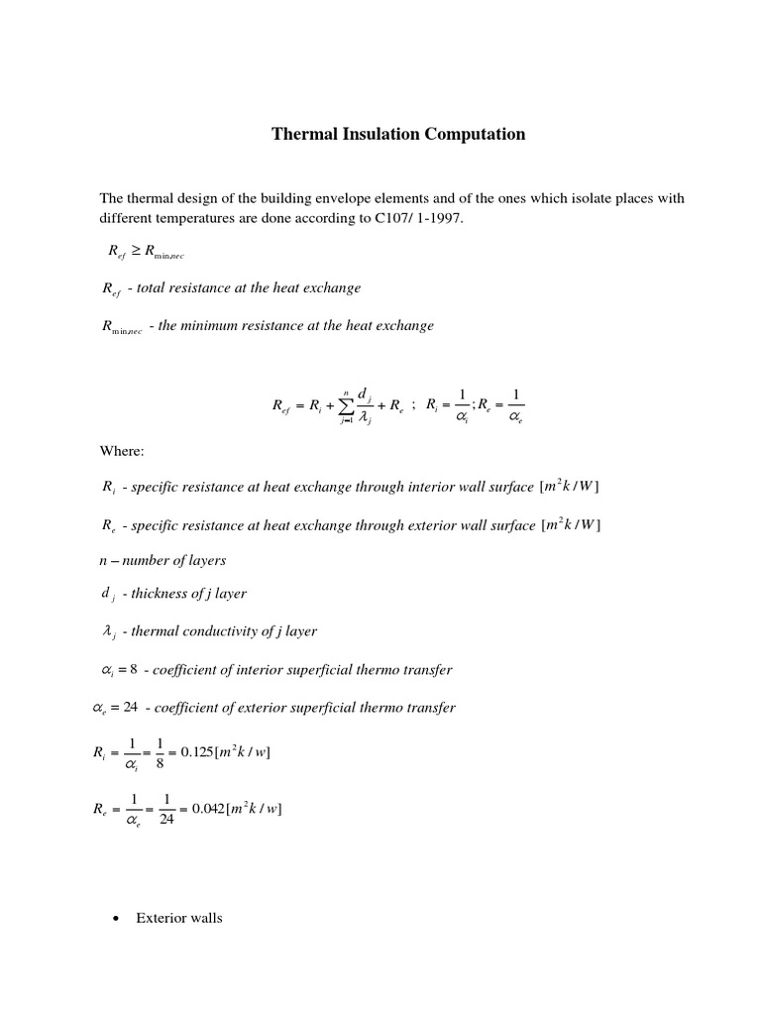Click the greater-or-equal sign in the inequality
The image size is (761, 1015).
click(x=134, y=252)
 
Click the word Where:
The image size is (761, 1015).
click(x=122, y=451)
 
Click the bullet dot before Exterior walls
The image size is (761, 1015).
click(x=116, y=919)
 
